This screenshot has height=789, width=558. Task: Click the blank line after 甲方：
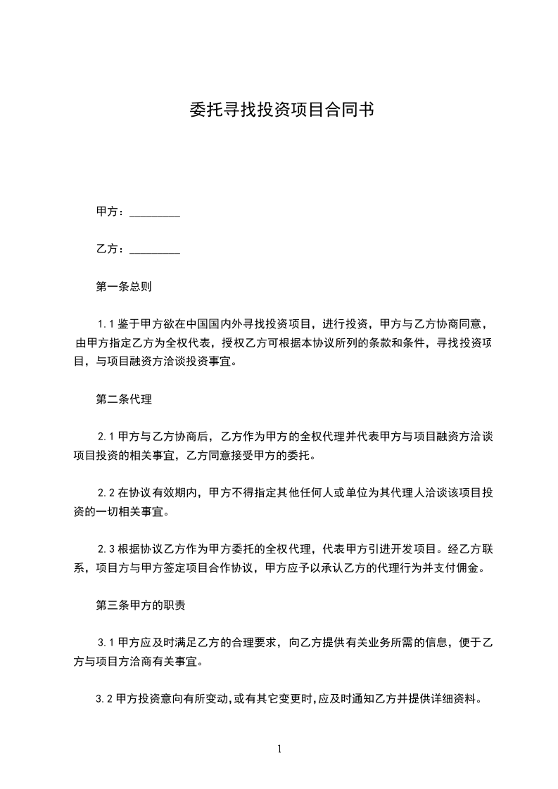156,212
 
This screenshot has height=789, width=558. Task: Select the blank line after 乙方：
156,250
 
